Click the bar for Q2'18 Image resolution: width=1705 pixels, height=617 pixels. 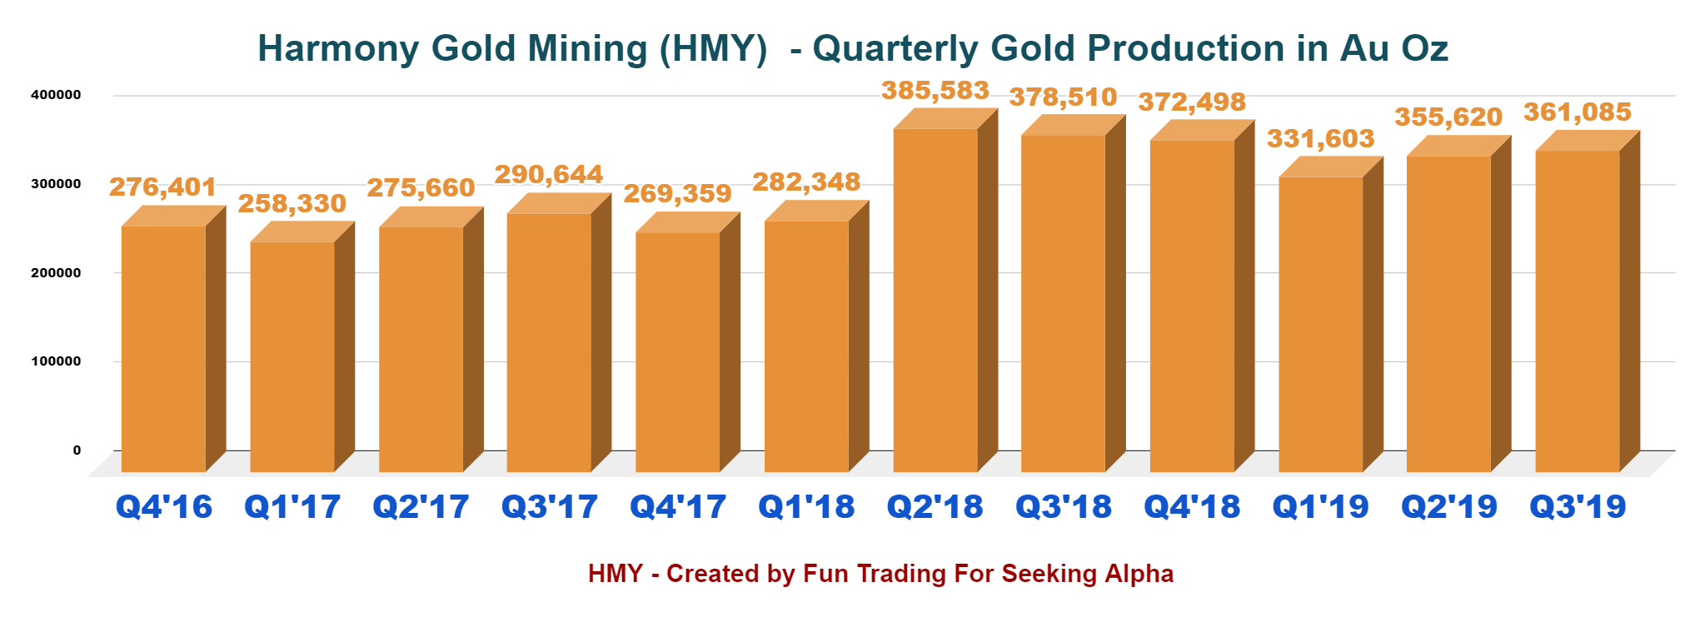(x=935, y=300)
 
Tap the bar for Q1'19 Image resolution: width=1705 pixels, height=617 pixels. (x=1321, y=325)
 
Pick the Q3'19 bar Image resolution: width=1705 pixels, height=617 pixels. (x=1578, y=311)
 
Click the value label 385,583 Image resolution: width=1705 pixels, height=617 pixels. (x=935, y=90)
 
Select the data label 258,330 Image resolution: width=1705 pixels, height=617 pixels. (x=292, y=203)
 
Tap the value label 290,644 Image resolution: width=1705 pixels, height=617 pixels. (x=549, y=174)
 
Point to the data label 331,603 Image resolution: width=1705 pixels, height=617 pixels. (x=1321, y=138)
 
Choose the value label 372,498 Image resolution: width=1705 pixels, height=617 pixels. (x=1192, y=102)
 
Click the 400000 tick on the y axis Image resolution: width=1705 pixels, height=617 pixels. (x=56, y=95)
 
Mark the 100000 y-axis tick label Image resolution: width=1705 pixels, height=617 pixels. (x=56, y=361)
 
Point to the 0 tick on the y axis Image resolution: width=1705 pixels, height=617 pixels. (x=77, y=450)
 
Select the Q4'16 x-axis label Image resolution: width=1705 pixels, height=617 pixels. (x=164, y=506)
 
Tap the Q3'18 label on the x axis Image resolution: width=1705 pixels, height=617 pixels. (x=1064, y=506)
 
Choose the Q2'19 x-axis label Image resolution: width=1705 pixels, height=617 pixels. (x=1449, y=506)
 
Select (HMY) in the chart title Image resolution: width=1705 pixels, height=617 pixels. (x=714, y=48)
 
